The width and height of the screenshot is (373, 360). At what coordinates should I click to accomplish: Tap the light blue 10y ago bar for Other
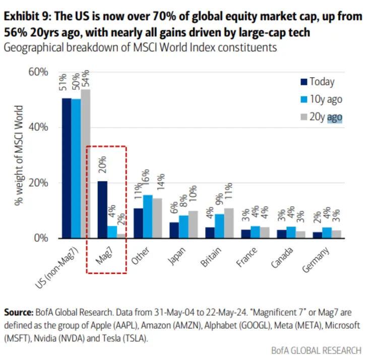[148, 216]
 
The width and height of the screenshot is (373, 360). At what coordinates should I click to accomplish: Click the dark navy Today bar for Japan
[174, 230]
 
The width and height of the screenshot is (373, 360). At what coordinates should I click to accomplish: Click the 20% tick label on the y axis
[38, 183]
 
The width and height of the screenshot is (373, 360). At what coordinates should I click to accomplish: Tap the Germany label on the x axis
[317, 260]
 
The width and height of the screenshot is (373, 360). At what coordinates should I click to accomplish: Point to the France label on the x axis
[246, 257]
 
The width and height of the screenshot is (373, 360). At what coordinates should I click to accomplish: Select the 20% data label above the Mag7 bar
[102, 163]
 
